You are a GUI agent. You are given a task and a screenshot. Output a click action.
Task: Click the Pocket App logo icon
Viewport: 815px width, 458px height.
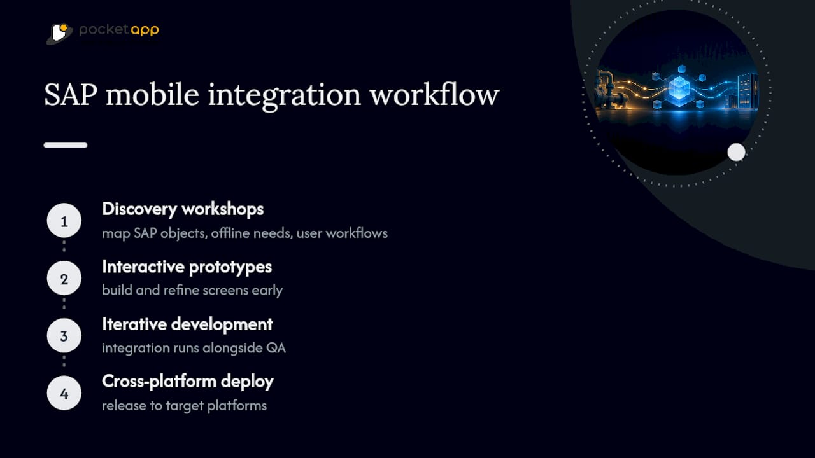60,34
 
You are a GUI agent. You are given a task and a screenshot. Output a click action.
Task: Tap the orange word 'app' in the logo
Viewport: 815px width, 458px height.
145,30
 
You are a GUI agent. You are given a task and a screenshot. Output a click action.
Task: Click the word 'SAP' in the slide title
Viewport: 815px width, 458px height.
71,95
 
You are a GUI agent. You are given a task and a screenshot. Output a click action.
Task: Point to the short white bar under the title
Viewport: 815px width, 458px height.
66,145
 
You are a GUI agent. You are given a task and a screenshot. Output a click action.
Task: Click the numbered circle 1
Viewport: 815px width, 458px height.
64,221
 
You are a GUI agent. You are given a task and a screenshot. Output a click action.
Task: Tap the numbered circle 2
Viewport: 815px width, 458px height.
64,278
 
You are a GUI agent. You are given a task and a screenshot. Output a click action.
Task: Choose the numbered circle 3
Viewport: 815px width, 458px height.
64,335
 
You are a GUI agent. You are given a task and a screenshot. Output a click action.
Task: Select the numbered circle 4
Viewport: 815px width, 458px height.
64,393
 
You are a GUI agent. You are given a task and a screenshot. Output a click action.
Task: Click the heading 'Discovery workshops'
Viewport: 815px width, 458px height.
183,209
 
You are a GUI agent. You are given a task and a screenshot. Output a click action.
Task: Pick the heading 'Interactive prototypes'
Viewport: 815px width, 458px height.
187,267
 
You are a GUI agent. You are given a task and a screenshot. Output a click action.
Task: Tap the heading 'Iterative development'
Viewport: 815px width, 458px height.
187,324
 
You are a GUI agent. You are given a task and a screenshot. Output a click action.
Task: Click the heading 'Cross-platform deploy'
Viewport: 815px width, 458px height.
188,382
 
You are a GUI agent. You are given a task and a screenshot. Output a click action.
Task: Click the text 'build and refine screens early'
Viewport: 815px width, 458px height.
192,291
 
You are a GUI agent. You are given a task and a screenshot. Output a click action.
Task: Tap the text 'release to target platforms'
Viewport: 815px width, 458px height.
184,406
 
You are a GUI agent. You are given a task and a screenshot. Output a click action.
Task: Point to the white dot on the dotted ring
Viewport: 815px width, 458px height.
737,152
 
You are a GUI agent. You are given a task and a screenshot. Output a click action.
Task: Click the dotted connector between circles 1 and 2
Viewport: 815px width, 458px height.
64,246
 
